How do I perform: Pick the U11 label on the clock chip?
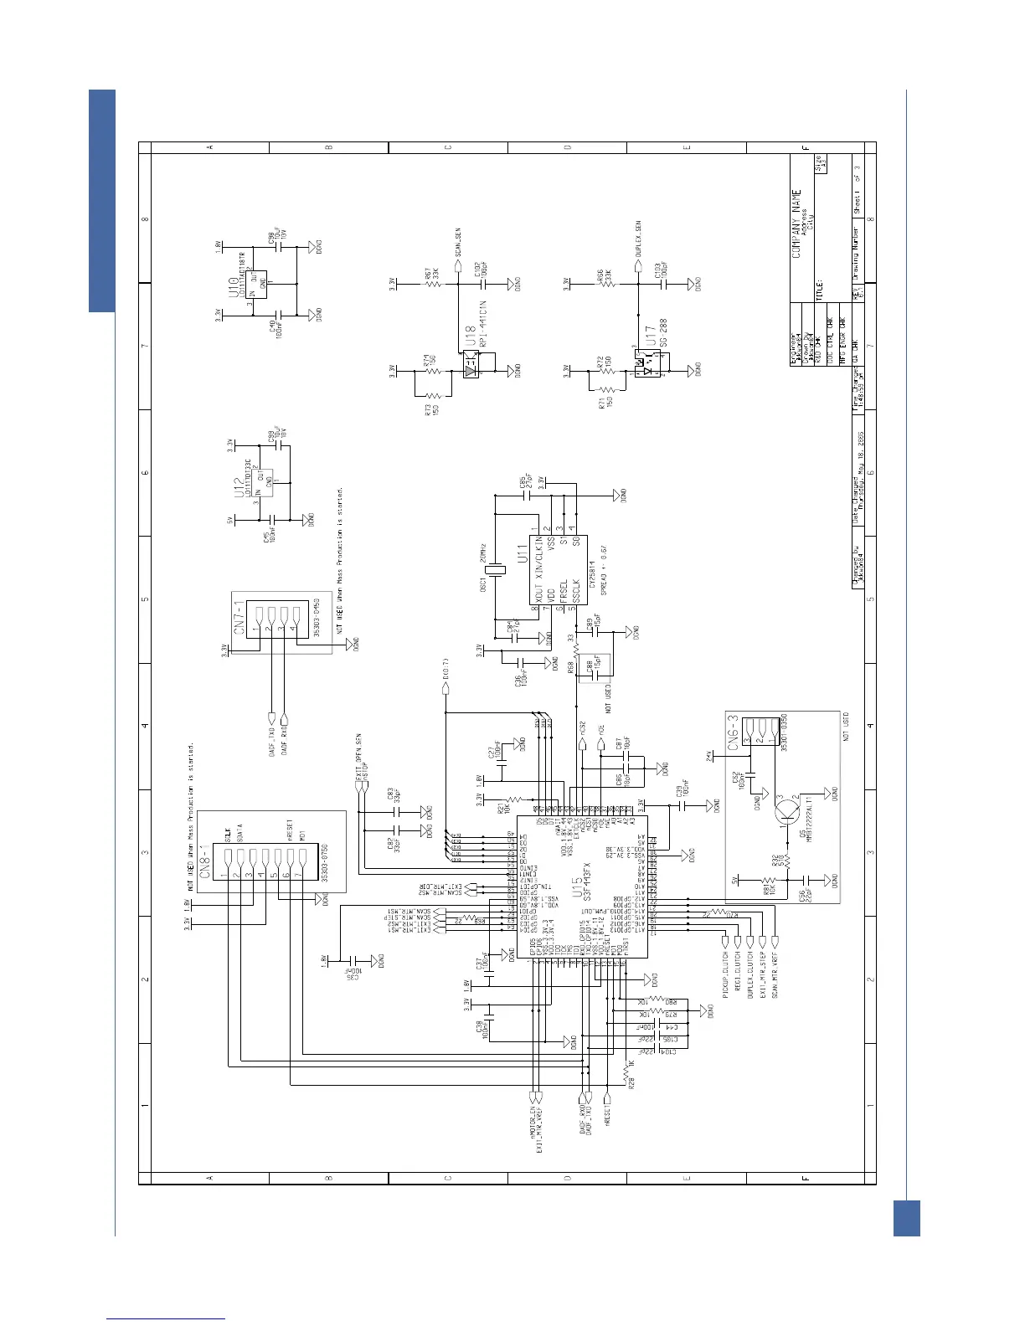[x=521, y=553]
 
